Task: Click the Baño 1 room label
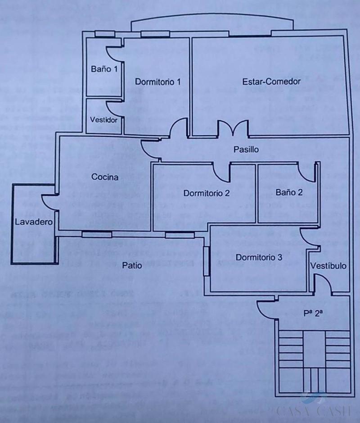[x=104, y=69]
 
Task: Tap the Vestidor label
[x=104, y=120]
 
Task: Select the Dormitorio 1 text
[x=158, y=82]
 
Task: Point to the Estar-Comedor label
[x=271, y=82]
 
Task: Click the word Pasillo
[x=246, y=150]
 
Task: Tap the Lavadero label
[x=34, y=222]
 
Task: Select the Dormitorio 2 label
[x=207, y=193]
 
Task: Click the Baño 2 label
[x=289, y=192]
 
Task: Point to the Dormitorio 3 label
[x=259, y=258]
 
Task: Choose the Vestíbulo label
[x=328, y=266]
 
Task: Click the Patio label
[x=132, y=265]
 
